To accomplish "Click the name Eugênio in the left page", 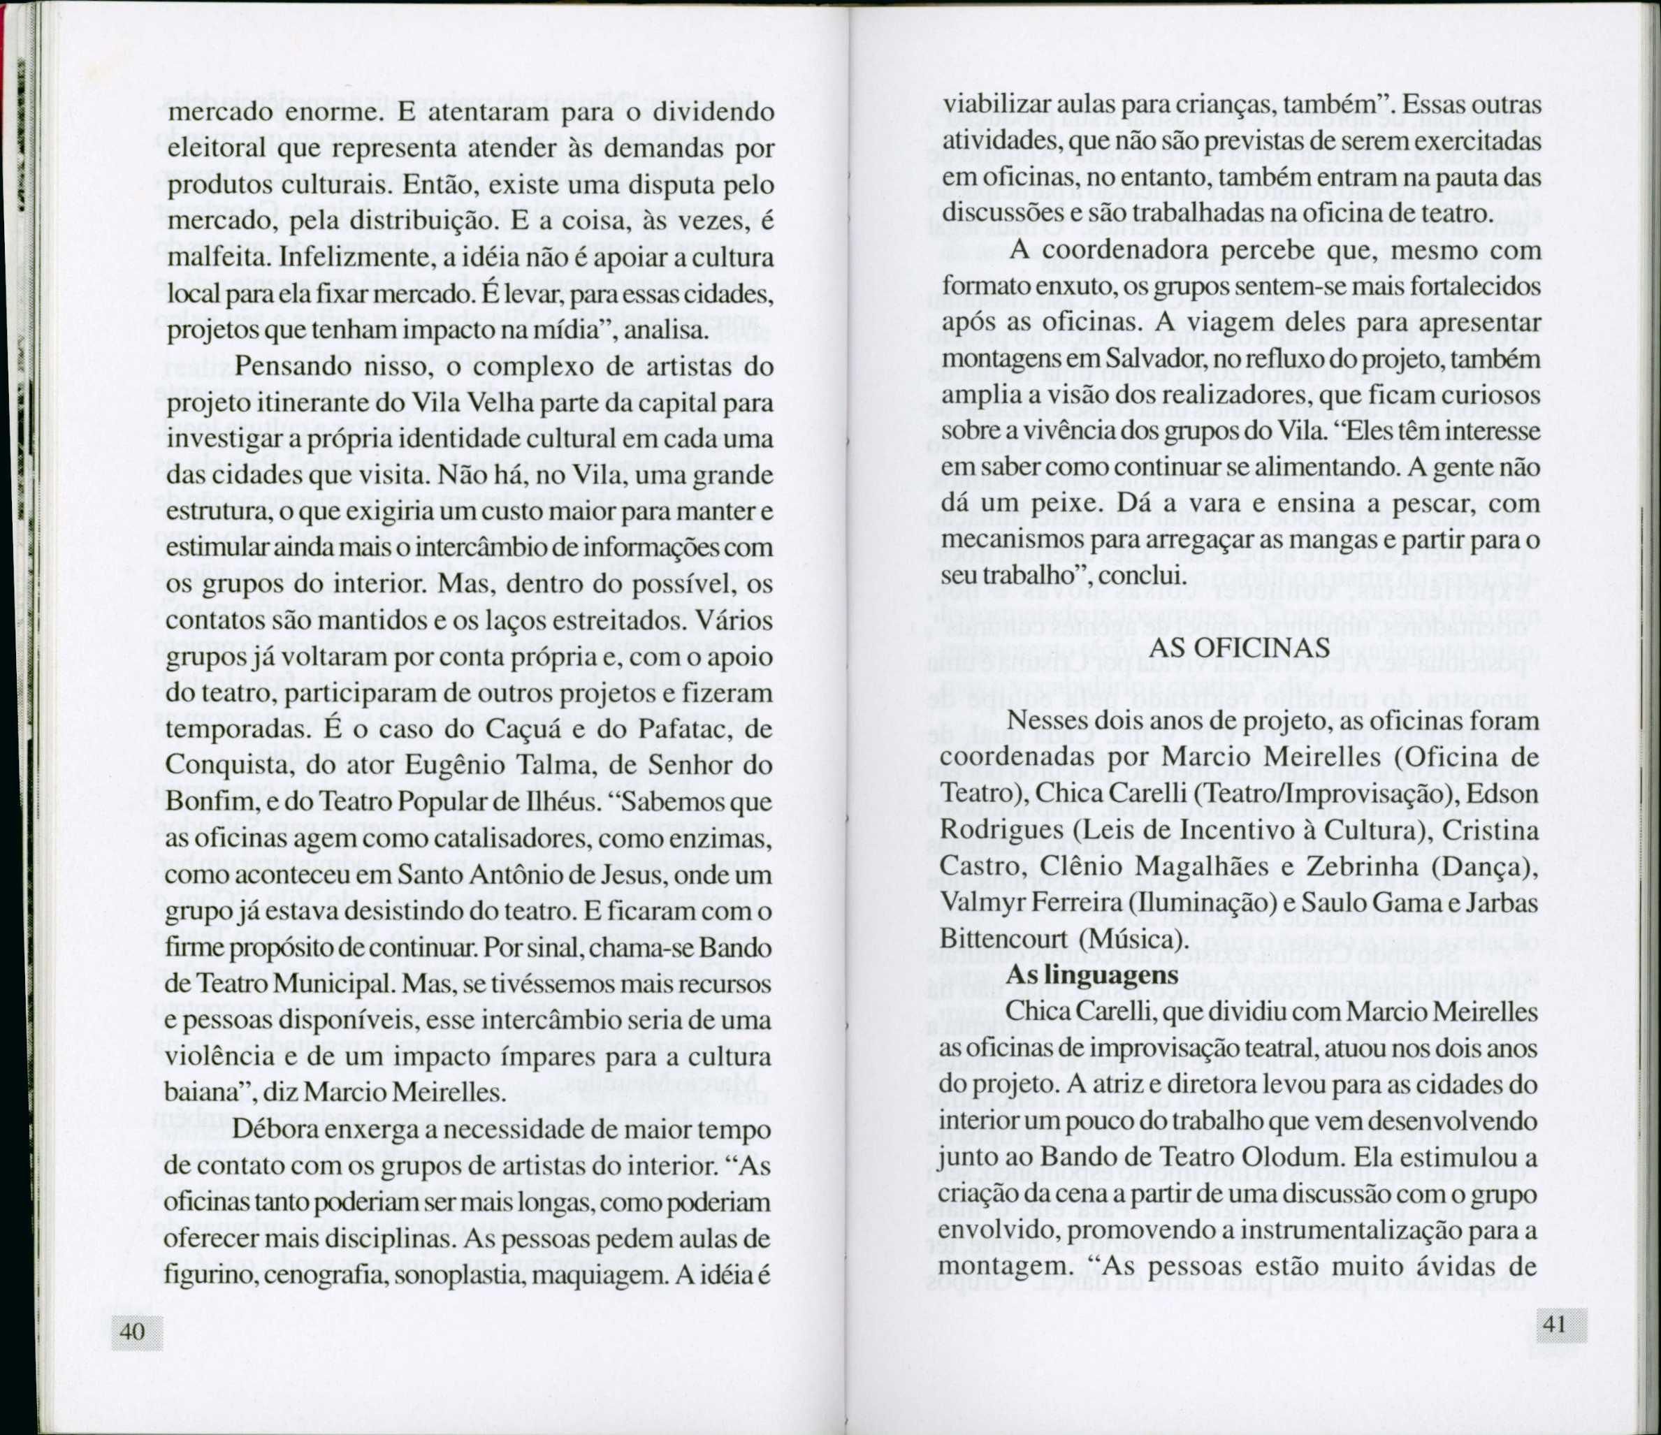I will coord(446,766).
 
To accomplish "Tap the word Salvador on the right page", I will coord(1161,360).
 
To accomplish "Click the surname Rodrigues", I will coord(999,830).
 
